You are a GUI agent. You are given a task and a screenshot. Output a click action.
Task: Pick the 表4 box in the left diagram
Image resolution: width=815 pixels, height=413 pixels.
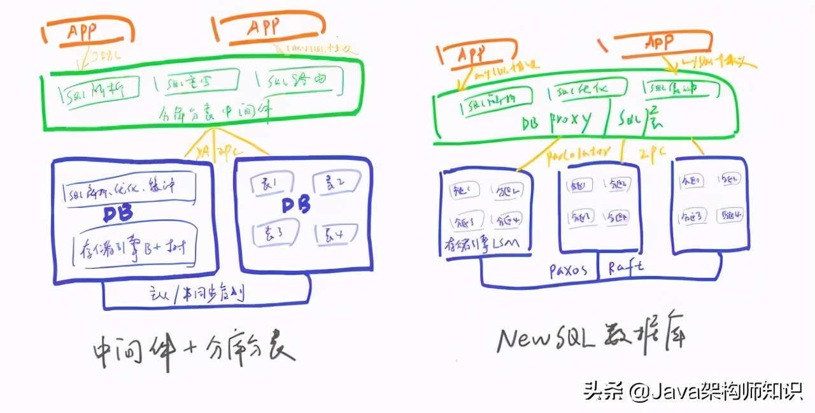334,234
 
